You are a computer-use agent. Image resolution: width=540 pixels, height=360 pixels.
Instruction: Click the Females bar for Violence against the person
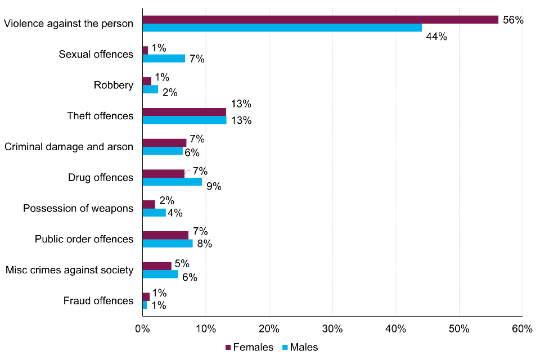pyautogui.click(x=320, y=20)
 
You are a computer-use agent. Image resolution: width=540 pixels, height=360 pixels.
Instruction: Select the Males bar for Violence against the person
pyautogui.click(x=282, y=28)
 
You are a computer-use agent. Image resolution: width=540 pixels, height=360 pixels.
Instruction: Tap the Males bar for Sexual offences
pyautogui.click(x=164, y=58)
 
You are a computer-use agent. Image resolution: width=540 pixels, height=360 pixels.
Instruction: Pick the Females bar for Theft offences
pyautogui.click(x=184, y=112)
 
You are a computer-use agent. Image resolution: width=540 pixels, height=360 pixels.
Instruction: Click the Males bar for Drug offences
pyautogui.click(x=172, y=182)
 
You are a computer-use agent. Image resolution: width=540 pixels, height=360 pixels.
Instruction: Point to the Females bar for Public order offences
pyautogui.click(x=165, y=235)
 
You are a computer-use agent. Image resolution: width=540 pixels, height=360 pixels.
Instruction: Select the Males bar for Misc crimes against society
pyautogui.click(x=160, y=274)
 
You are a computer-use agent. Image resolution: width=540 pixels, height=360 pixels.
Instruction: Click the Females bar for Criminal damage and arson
pyautogui.click(x=164, y=143)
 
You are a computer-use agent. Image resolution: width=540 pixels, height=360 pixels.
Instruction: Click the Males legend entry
pyautogui.click(x=301, y=347)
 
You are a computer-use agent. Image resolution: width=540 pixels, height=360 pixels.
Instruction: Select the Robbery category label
pyautogui.click(x=114, y=85)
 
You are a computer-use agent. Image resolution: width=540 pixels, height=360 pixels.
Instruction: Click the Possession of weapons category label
pyautogui.click(x=78, y=209)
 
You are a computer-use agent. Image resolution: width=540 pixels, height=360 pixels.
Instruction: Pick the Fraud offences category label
pyautogui.click(x=98, y=301)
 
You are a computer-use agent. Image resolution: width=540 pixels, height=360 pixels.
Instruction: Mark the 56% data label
pyautogui.click(x=513, y=20)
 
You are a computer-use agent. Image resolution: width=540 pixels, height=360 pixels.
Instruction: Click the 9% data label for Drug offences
pyautogui.click(x=214, y=187)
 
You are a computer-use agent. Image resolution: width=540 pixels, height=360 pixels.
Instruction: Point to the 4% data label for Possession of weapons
pyautogui.click(x=175, y=213)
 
